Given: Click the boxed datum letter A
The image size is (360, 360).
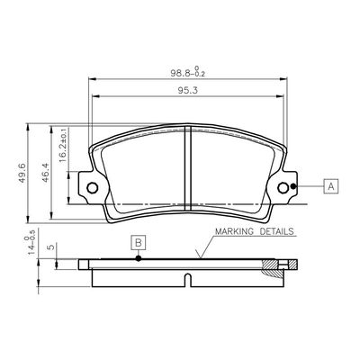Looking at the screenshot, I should (331, 186).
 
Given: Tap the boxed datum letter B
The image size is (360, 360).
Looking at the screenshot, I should (138, 241).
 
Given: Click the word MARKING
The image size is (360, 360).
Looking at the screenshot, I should (233, 231).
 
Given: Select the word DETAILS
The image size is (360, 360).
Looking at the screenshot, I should (276, 231).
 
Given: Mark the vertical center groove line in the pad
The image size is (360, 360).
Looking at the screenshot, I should (187, 166).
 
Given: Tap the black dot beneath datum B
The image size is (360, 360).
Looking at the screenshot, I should (138, 259).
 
